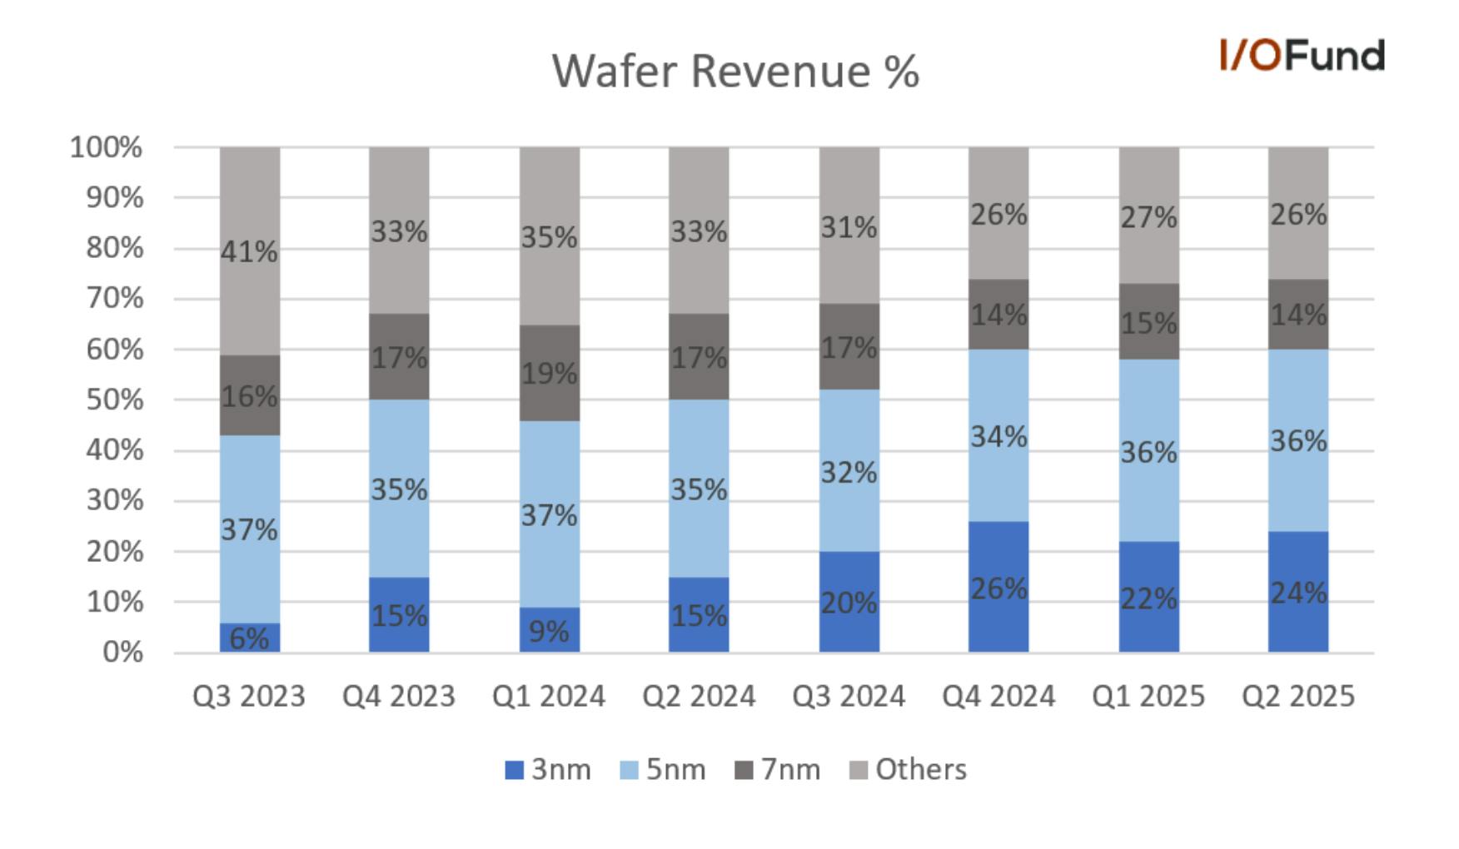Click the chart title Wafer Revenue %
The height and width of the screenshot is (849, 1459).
pyautogui.click(x=735, y=71)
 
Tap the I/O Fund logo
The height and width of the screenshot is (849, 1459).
pyautogui.click(x=1302, y=55)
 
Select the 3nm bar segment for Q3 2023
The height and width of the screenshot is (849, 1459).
pyautogui.click(x=250, y=638)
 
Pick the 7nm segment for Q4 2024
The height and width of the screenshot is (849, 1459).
pyautogui.click(x=998, y=315)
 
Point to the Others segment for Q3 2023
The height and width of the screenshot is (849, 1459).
pyautogui.click(x=250, y=251)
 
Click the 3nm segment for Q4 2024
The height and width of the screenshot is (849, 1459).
pyautogui.click(x=998, y=587)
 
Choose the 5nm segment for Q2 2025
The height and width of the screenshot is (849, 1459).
pyautogui.click(x=1298, y=440)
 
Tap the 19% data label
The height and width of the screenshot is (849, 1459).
pyautogui.click(x=550, y=374)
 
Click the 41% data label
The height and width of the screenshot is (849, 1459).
pyautogui.click(x=250, y=251)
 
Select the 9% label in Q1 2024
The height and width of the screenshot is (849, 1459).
pyautogui.click(x=550, y=632)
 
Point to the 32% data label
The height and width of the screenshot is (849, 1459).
pyautogui.click(x=849, y=473)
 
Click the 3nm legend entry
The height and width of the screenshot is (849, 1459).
pyautogui.click(x=548, y=769)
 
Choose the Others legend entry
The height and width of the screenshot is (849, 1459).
pyautogui.click(x=908, y=769)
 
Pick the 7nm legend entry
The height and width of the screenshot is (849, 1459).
pyautogui.click(x=777, y=769)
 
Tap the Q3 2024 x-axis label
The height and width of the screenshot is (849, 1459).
pyautogui.click(x=849, y=696)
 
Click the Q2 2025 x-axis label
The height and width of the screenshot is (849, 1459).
pyautogui.click(x=1298, y=696)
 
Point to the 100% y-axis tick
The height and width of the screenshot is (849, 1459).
pyautogui.click(x=106, y=147)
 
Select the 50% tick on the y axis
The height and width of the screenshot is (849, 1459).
pyautogui.click(x=114, y=400)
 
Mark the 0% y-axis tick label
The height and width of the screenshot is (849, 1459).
pyautogui.click(x=122, y=653)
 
